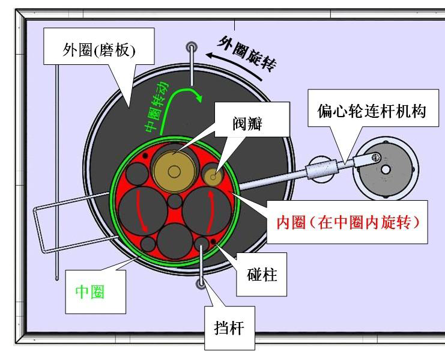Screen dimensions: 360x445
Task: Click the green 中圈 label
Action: pos(90,292)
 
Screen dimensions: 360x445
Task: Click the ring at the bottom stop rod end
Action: pos(201,283)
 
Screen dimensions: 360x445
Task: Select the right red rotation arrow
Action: pos(210,210)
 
